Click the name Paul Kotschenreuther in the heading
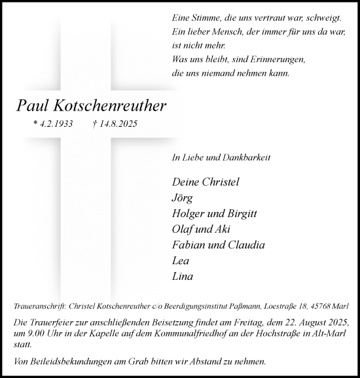(92, 105)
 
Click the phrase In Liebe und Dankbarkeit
(213, 158)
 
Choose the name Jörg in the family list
(181, 197)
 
